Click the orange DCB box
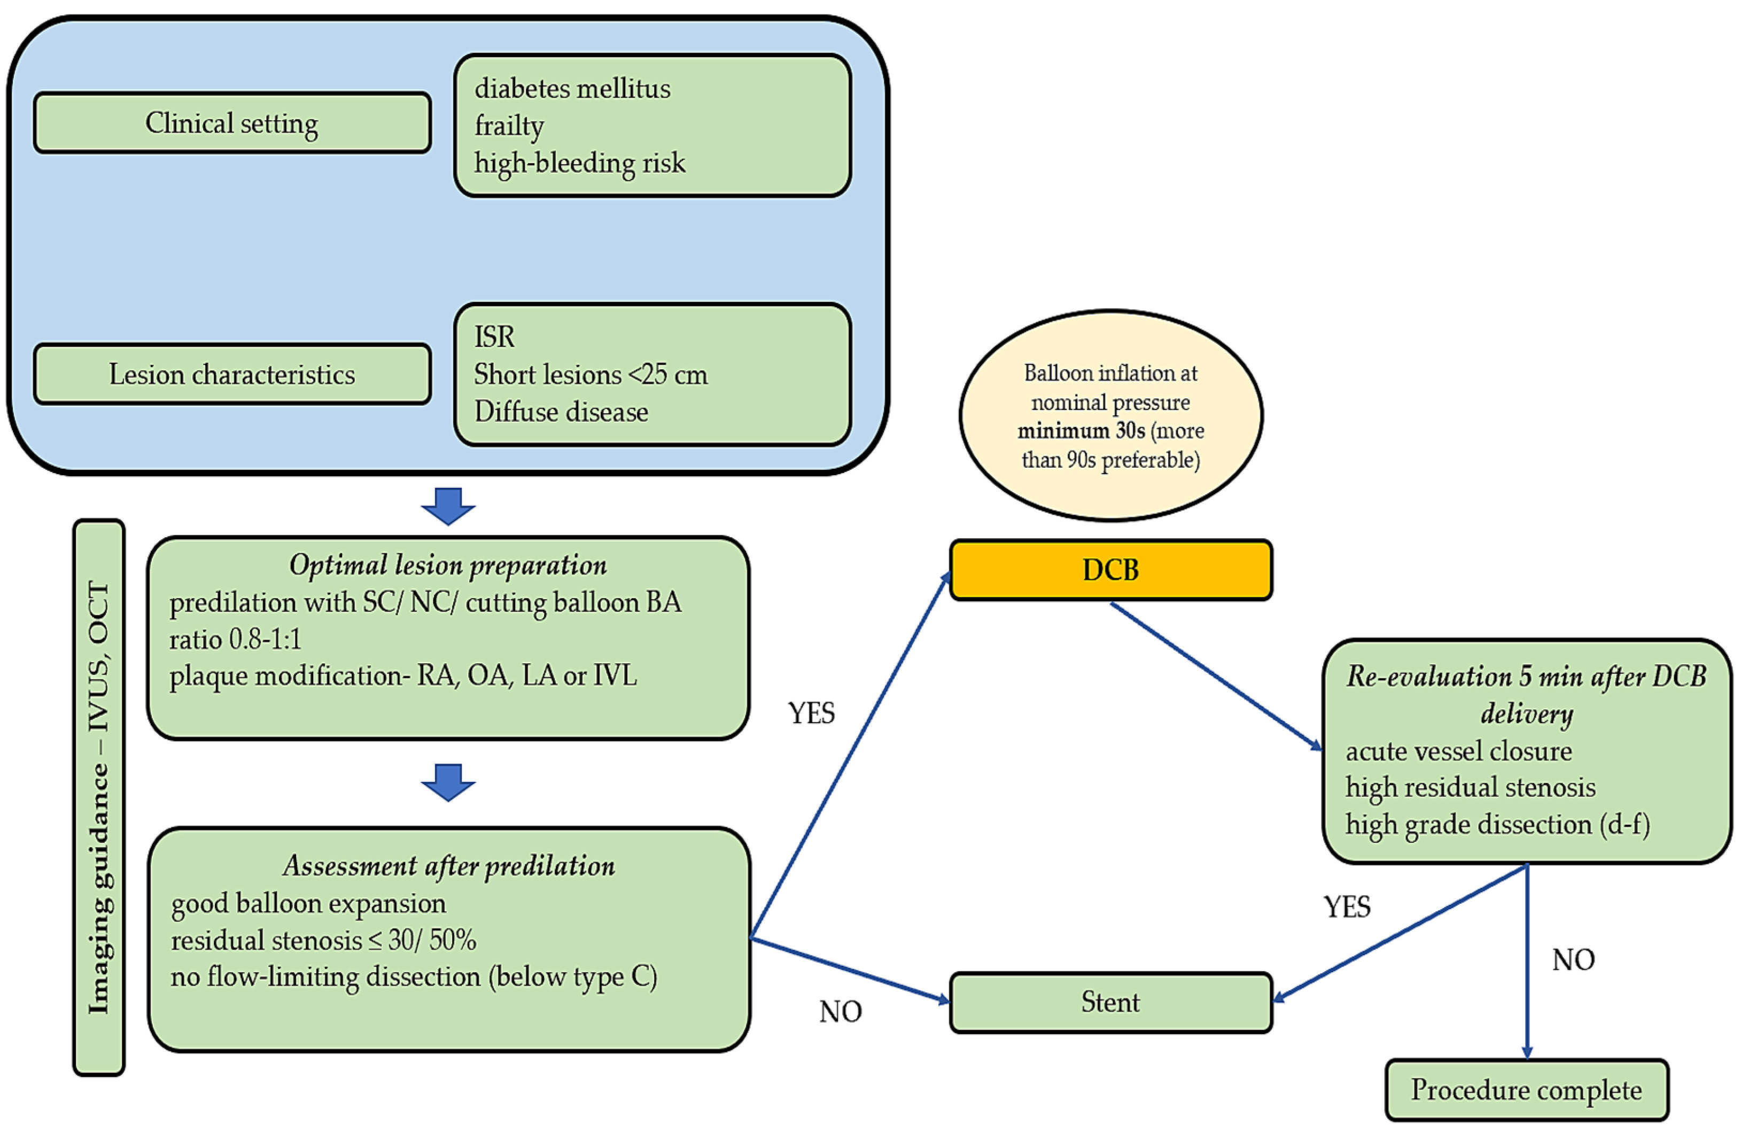coord(1110,570)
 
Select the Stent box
coord(1110,1002)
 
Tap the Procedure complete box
coord(1527,1090)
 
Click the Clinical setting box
coord(232,123)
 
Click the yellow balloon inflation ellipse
coord(1110,415)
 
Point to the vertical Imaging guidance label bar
coord(99,797)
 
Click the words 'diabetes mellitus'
coord(572,89)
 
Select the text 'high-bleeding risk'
coord(579,162)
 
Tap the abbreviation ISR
coord(494,337)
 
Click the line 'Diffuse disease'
coord(561,412)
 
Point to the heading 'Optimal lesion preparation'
coord(448,565)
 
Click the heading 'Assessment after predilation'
coord(448,866)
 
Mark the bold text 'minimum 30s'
coord(1081,431)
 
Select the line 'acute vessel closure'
coord(1459,751)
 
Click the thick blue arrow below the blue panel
coord(448,506)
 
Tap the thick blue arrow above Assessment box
coord(448,782)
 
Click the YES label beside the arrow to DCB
coord(811,713)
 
